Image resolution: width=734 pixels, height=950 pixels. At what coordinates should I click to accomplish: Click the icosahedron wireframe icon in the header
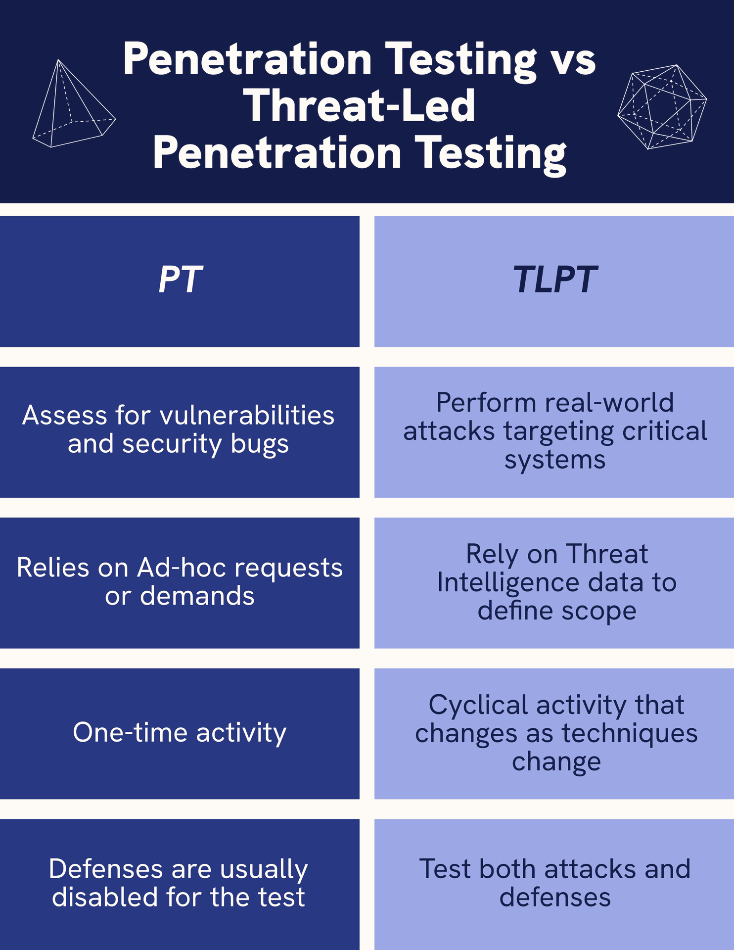pos(662,106)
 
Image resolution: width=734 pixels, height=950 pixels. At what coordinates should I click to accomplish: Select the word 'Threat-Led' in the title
pos(360,106)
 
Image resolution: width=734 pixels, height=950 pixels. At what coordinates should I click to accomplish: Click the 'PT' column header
pos(180,280)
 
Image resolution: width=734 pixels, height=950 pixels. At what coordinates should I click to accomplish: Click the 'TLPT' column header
pos(554,280)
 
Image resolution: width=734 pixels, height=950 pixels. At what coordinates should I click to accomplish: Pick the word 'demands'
pos(197,596)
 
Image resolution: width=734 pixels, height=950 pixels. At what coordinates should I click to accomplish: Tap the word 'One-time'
pos(131,732)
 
